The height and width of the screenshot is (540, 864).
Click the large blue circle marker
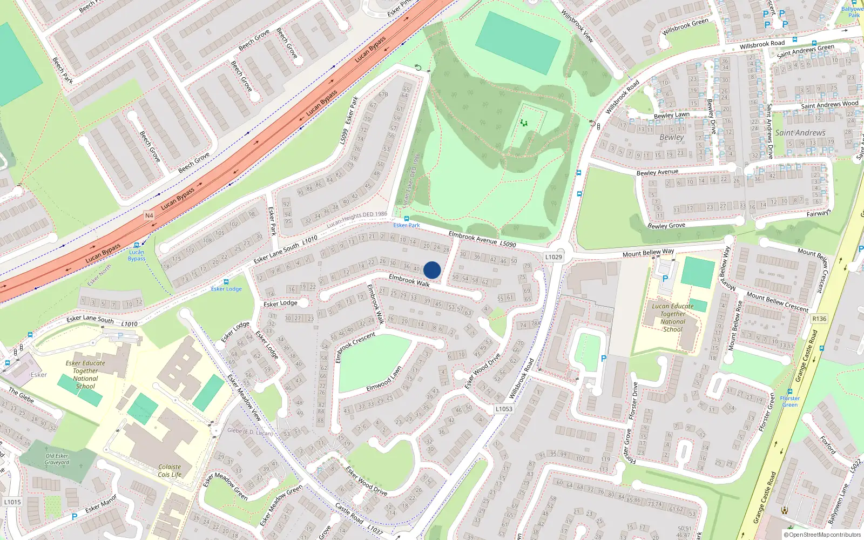[x=432, y=270]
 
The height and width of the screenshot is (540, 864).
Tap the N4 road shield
[x=149, y=215]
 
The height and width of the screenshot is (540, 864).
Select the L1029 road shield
[x=553, y=257]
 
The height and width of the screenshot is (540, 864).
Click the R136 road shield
[x=819, y=319]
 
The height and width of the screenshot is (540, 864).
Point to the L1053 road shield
[x=504, y=409]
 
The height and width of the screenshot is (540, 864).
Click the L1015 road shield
[x=12, y=502]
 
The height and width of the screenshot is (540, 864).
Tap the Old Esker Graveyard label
[x=57, y=459]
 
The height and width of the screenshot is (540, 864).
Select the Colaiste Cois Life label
[x=170, y=471]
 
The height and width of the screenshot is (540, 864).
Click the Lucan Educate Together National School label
[x=672, y=318]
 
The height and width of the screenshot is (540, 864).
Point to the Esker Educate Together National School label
[x=85, y=374]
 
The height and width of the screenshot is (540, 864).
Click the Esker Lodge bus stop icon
[x=226, y=282]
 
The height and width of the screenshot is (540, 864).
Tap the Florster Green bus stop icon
[x=790, y=391]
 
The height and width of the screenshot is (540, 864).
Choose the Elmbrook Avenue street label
[x=473, y=238]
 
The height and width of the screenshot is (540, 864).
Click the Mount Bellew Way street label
[x=648, y=253]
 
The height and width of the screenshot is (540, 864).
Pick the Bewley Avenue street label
[x=657, y=172]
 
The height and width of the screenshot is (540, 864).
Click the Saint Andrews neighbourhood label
[x=800, y=133]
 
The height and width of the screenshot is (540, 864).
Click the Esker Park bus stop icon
[x=406, y=219]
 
